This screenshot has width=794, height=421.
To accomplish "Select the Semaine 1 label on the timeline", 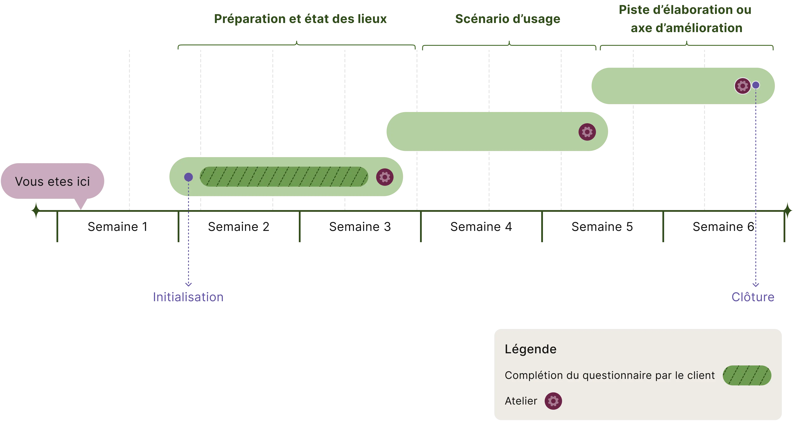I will click(117, 227).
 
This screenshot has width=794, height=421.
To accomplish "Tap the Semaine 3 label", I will click(359, 227).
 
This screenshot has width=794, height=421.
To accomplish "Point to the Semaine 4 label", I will click(481, 227).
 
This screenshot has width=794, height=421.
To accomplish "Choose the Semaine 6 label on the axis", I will click(723, 227).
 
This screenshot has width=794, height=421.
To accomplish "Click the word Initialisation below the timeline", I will click(188, 297).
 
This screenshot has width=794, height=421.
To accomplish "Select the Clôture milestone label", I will click(753, 297).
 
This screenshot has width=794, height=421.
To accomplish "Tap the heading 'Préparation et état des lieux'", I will click(300, 19).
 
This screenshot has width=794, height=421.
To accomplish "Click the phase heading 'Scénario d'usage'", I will click(508, 19).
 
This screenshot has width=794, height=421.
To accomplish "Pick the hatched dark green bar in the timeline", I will click(284, 177).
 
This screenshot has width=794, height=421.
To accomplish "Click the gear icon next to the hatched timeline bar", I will click(385, 177).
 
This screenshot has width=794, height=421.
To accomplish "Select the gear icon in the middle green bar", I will click(587, 132).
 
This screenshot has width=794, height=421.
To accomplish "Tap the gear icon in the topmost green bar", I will click(743, 86).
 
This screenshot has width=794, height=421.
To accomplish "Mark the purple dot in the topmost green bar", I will click(756, 85).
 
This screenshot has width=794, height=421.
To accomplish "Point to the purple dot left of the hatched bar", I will click(188, 177).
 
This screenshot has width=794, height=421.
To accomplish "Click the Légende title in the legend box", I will click(531, 349).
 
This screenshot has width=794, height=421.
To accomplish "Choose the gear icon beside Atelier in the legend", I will click(553, 401).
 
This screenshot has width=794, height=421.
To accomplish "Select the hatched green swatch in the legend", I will click(747, 375).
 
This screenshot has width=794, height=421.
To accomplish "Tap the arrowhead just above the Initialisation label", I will click(188, 284).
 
